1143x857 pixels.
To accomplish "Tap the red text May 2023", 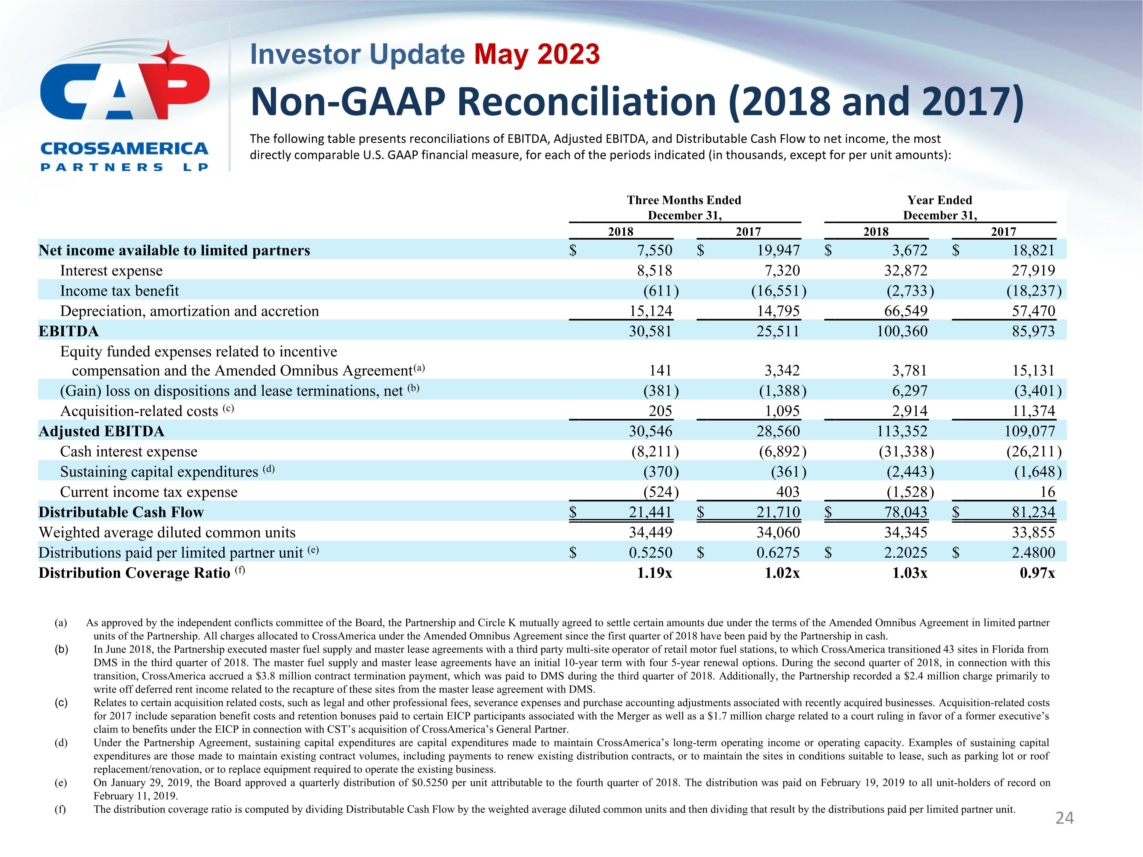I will click(x=537, y=54).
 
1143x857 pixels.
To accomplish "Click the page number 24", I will click(x=1065, y=818).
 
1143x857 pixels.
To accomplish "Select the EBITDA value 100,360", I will click(x=902, y=331).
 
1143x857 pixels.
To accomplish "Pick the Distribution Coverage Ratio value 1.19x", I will click(x=654, y=573).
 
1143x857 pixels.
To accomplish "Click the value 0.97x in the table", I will click(x=1037, y=573).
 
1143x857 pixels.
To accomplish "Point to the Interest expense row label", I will click(x=111, y=271).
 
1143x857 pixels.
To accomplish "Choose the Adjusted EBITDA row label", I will click(x=101, y=431).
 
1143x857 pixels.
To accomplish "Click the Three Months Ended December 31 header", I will click(x=684, y=208).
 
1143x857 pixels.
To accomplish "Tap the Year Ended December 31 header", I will click(x=940, y=208).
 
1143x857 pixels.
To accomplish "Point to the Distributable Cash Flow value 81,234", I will click(x=1033, y=512).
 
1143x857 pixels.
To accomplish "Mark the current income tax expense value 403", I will click(x=788, y=492).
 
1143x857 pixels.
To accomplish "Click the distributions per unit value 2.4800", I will click(x=1033, y=553).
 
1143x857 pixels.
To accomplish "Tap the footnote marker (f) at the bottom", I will click(x=61, y=809).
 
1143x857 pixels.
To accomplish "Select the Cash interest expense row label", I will click(x=129, y=451).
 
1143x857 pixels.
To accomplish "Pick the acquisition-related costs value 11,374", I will click(x=1033, y=411).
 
